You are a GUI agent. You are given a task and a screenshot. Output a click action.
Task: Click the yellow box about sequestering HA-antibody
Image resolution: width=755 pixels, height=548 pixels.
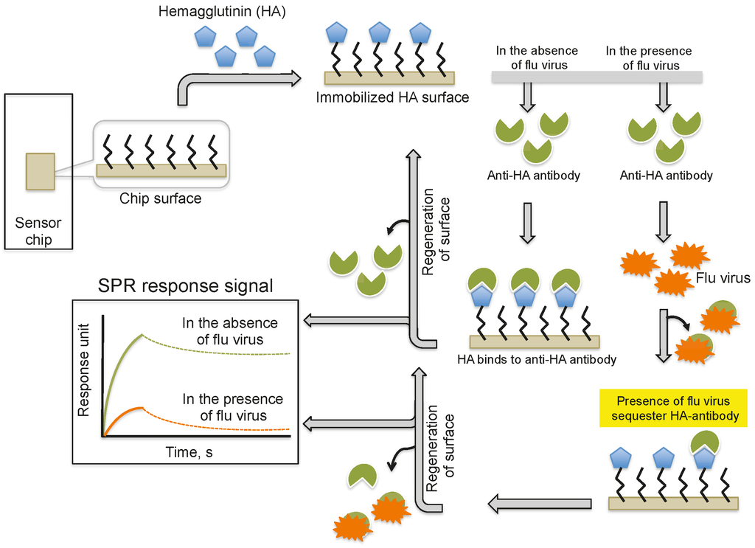(x=672, y=409)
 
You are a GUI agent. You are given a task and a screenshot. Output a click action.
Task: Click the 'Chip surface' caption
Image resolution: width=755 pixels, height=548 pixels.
(x=161, y=198)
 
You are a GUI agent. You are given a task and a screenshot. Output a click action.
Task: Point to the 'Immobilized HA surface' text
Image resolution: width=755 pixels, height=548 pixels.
(x=392, y=97)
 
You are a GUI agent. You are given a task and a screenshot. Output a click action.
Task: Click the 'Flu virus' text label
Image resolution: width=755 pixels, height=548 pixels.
(x=723, y=278)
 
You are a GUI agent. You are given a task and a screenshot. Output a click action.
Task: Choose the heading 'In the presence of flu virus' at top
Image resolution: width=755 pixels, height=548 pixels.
(x=649, y=58)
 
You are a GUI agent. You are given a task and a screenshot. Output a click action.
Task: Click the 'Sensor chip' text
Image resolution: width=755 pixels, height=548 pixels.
(x=38, y=230)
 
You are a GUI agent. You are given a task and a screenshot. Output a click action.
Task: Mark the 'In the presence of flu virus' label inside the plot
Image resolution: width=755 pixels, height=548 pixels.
(x=233, y=407)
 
